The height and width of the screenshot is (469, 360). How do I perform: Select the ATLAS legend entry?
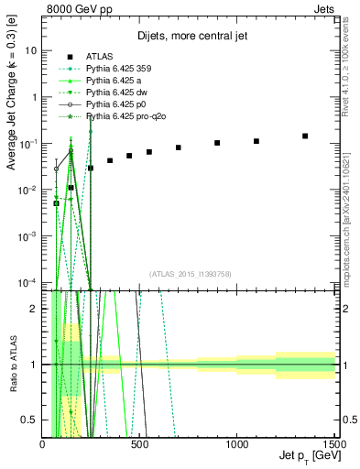pos(99,57)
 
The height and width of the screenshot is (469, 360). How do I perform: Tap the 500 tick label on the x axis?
pos(139,444)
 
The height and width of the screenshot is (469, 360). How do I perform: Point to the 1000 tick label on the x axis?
pos(236,444)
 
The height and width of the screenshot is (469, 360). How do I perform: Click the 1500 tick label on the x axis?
pos(333,444)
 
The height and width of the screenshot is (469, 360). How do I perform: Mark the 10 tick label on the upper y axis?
pos(31,51)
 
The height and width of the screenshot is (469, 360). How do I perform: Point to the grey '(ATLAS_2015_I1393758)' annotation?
pos(190,273)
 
